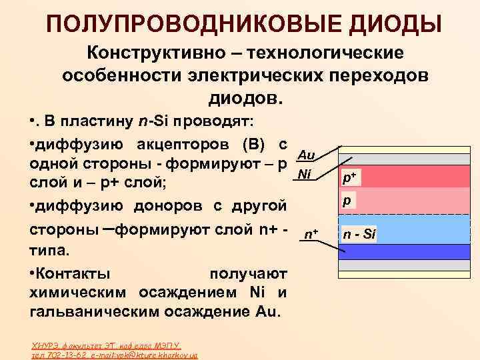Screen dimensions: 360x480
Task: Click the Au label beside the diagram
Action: click(x=306, y=155)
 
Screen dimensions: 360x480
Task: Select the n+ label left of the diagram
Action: click(x=311, y=234)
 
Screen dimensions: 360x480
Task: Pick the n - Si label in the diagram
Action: click(x=360, y=234)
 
